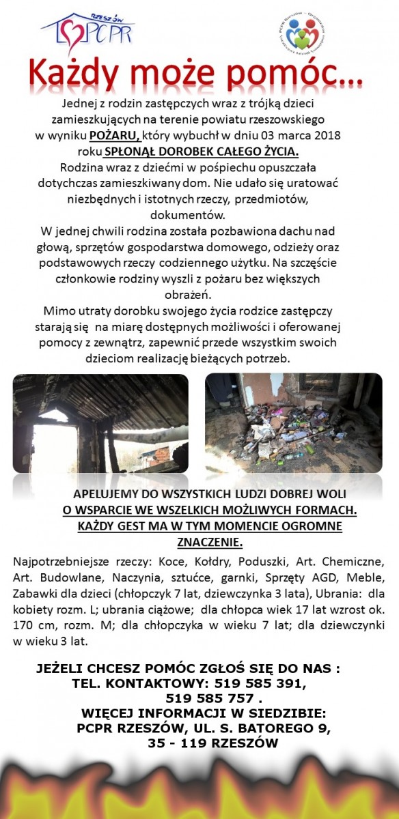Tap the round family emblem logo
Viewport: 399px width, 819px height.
tap(303, 33)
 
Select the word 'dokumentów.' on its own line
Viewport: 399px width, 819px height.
tap(200, 214)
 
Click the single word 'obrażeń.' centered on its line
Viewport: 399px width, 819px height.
tap(199, 294)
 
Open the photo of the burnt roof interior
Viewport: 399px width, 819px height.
tap(100, 423)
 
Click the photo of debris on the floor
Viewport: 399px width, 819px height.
tap(294, 423)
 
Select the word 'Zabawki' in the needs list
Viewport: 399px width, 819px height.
tap(34, 594)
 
